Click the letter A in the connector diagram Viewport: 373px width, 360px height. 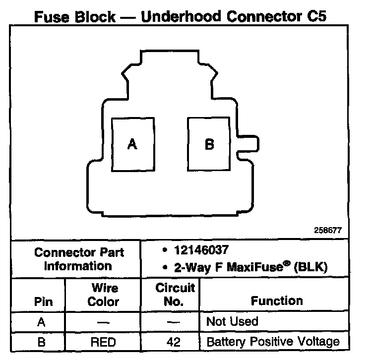132,144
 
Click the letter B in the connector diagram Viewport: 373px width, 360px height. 209,144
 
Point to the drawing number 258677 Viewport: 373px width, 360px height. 328,231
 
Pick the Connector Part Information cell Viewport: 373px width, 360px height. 79,258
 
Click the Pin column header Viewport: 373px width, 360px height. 43,301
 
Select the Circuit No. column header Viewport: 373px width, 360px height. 175,295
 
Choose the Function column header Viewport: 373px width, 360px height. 277,301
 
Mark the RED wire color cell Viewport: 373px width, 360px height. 103,342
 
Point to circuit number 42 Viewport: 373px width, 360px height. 175,342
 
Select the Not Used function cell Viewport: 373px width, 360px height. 232,321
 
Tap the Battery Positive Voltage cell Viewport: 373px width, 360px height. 273,342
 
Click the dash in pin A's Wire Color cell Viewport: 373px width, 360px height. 103,322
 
